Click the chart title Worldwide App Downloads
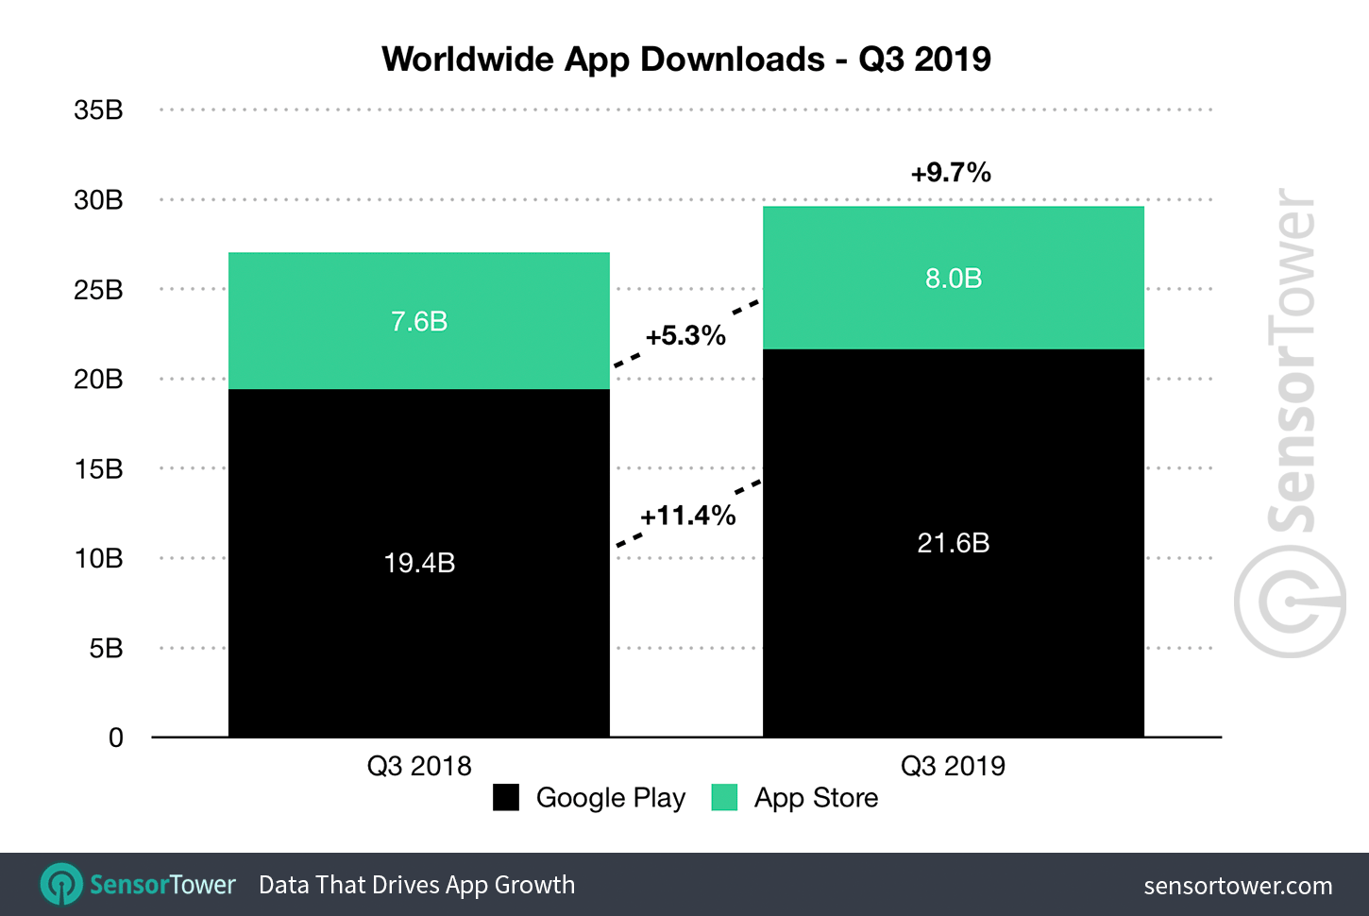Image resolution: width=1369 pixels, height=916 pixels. [x=686, y=59]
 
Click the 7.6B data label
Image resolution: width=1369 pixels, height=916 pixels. [x=419, y=322]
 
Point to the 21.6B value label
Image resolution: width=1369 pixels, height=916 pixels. [x=953, y=543]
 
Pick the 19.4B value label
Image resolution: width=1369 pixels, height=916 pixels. [x=419, y=563]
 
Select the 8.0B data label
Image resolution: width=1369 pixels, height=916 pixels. [x=953, y=279]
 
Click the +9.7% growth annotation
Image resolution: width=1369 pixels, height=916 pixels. [x=951, y=173]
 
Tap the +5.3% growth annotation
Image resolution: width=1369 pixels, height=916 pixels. [x=685, y=336]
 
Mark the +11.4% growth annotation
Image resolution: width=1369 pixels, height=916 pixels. [x=687, y=516]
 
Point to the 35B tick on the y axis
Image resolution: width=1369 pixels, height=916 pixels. [x=98, y=110]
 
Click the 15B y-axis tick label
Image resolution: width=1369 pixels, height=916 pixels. [x=98, y=469]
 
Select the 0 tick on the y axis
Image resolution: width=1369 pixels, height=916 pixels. [x=115, y=738]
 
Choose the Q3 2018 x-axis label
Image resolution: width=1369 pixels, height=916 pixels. [x=419, y=766]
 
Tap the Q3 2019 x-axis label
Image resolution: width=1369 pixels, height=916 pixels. [x=953, y=766]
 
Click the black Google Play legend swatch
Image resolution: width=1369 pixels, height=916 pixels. [x=506, y=798]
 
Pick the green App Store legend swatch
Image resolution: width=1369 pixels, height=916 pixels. [x=724, y=798]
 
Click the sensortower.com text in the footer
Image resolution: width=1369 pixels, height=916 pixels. [x=1238, y=886]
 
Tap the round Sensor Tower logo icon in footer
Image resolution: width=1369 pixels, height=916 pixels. [x=61, y=885]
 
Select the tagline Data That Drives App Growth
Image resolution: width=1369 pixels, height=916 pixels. [x=416, y=885]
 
